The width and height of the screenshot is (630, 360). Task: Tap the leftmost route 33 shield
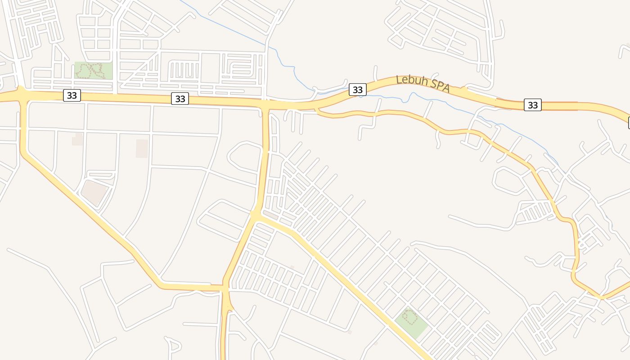(72, 95)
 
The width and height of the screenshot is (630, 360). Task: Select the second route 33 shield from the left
(180, 99)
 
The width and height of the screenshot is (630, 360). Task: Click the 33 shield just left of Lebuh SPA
(357, 90)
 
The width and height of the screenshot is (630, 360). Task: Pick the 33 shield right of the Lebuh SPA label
(533, 105)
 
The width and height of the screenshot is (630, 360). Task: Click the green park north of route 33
(93, 71)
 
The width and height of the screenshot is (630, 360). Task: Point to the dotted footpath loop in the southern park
(409, 316)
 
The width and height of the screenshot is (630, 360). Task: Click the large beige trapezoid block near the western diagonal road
(94, 192)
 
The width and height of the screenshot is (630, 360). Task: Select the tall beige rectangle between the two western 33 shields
(142, 148)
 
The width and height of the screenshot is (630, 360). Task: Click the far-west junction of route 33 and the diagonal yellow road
(21, 94)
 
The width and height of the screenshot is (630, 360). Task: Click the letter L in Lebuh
(399, 79)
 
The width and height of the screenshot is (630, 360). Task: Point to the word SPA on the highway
(439, 86)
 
